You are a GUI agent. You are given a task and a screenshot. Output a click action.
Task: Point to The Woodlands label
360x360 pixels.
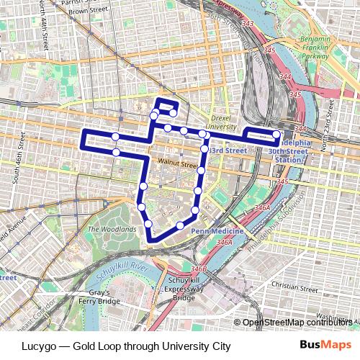[x=112, y=229]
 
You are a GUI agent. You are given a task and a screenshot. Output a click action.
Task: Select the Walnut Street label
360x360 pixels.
[x=178, y=163]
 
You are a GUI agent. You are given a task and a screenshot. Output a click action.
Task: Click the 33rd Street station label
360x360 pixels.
[x=228, y=150]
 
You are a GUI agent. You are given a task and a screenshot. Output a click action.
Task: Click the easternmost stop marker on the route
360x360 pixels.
[x=276, y=135]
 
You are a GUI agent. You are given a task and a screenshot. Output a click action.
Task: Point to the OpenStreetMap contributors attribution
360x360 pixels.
[x=295, y=322]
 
